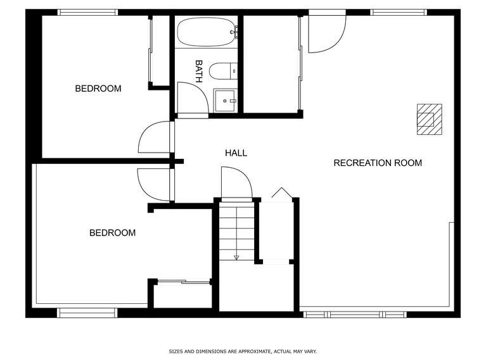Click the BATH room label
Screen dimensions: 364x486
[x=199, y=71]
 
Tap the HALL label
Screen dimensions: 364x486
[x=236, y=153]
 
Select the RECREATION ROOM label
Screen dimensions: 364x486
[x=378, y=163]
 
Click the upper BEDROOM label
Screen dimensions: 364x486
[x=98, y=89]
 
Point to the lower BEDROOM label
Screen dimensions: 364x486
[x=112, y=233]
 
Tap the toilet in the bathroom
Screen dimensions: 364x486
[x=223, y=70]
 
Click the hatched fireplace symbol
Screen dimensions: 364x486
[x=429, y=120]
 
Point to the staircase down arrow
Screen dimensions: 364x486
[x=236, y=256]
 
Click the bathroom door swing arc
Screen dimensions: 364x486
[x=191, y=98]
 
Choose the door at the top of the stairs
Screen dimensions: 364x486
[x=236, y=184]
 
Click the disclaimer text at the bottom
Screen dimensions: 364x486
[x=243, y=351]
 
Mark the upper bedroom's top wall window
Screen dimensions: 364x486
[x=88, y=12]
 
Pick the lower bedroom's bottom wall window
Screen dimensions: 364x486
[x=87, y=312]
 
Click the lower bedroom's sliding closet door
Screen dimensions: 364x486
[x=183, y=282]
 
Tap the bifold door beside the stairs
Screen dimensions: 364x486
[x=279, y=193]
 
